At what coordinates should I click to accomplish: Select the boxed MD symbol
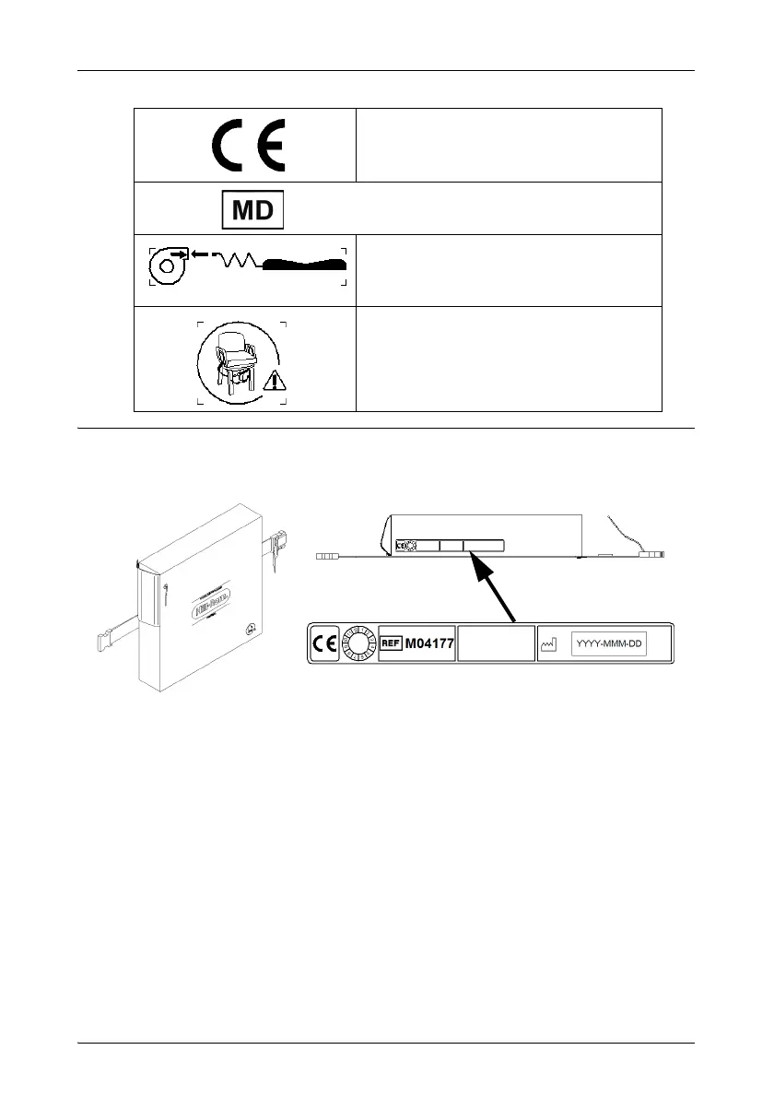pos(252,209)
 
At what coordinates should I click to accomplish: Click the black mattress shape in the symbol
pos(304,265)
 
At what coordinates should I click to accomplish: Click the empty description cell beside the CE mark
pos(508,145)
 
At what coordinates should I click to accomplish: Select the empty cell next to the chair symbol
pos(508,358)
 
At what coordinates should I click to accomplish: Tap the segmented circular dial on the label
pos(357,644)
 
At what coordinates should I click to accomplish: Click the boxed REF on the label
pos(391,643)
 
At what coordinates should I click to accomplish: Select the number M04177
pos(429,643)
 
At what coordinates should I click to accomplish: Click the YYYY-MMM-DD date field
pos(609,644)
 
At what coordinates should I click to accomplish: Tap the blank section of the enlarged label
pos(496,644)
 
